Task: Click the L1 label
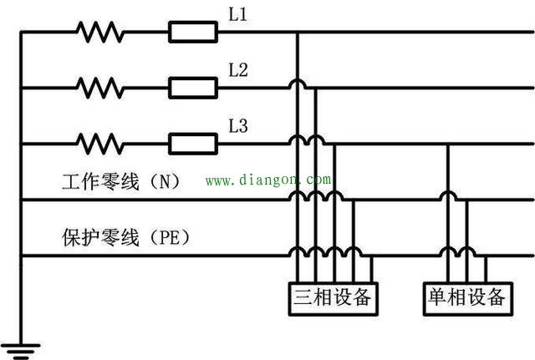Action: tap(237, 15)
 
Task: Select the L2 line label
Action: tap(237, 70)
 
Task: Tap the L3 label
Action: tap(237, 126)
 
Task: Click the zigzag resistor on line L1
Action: tap(99, 32)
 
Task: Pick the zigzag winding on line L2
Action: tap(99, 88)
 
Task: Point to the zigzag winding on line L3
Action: tap(99, 144)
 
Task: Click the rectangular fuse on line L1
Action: tap(193, 32)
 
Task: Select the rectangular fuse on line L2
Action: tap(193, 88)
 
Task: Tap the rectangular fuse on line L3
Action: tap(193, 144)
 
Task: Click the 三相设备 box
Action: tap(333, 299)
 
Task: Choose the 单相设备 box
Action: tap(468, 299)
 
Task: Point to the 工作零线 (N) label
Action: tap(120, 181)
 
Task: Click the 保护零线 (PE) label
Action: tap(125, 237)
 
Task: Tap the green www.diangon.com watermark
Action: tap(268, 180)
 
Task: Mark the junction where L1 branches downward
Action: tap(298, 32)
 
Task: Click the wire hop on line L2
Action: tap(298, 84)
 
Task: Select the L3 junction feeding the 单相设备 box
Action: tap(448, 144)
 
